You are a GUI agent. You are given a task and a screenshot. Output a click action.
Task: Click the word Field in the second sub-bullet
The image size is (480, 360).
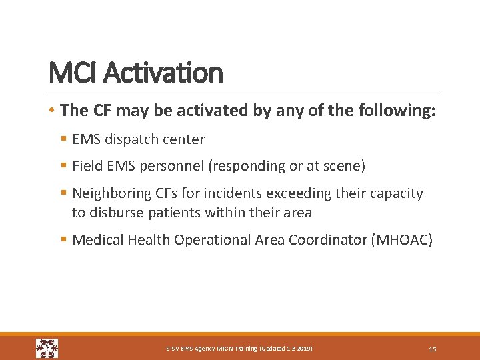pos(86,165)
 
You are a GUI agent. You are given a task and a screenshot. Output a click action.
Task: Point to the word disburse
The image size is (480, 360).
pos(114,213)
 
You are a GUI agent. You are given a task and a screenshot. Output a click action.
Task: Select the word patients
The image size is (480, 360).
pos(168,213)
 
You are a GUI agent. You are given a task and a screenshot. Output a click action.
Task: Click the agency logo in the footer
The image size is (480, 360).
pos(47,348)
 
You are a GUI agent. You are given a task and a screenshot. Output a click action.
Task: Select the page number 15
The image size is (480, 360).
pos(432,349)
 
